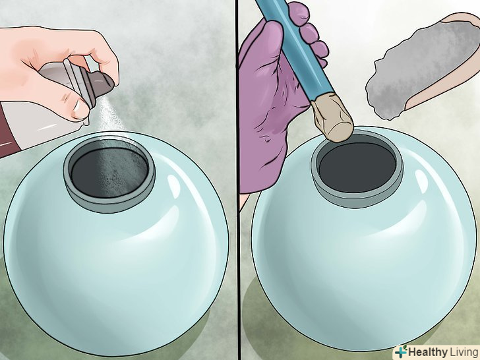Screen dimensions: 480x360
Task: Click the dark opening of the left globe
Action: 109,172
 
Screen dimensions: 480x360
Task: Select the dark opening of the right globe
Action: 357,167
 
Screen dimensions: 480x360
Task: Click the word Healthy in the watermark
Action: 427,351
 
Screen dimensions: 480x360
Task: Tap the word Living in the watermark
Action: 463,351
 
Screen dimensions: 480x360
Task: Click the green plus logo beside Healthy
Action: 401,351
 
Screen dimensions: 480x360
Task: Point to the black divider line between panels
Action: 237,180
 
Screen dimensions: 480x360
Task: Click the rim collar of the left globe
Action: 109,204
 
